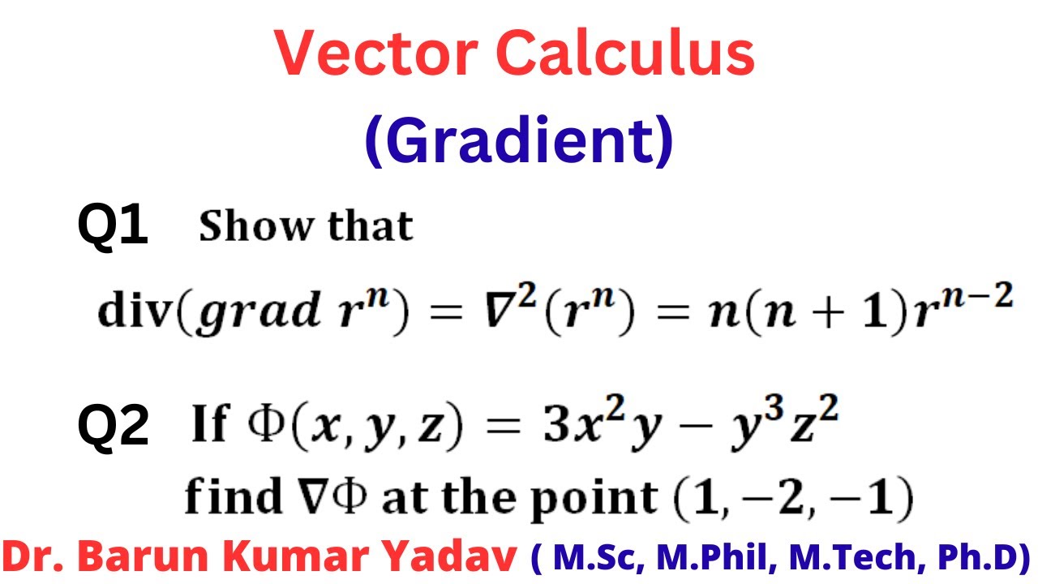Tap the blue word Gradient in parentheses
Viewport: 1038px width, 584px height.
tap(519, 140)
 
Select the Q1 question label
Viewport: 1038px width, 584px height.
tap(113, 225)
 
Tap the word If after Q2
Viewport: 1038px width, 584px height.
tap(209, 425)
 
